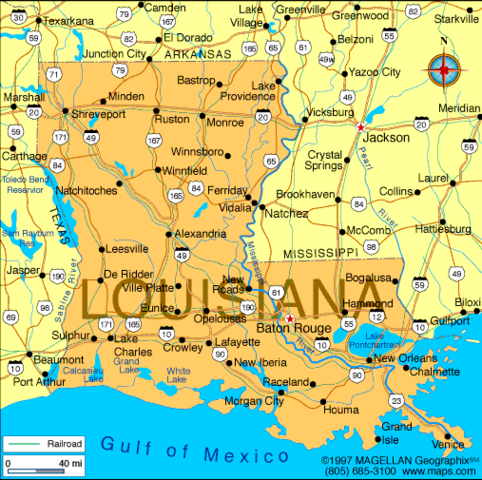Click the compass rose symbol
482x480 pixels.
click(x=444, y=71)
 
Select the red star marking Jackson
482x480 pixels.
click(x=360, y=127)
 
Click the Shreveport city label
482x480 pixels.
click(x=92, y=114)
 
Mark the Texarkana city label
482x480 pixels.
click(x=69, y=20)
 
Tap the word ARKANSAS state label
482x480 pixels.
click(x=197, y=54)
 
